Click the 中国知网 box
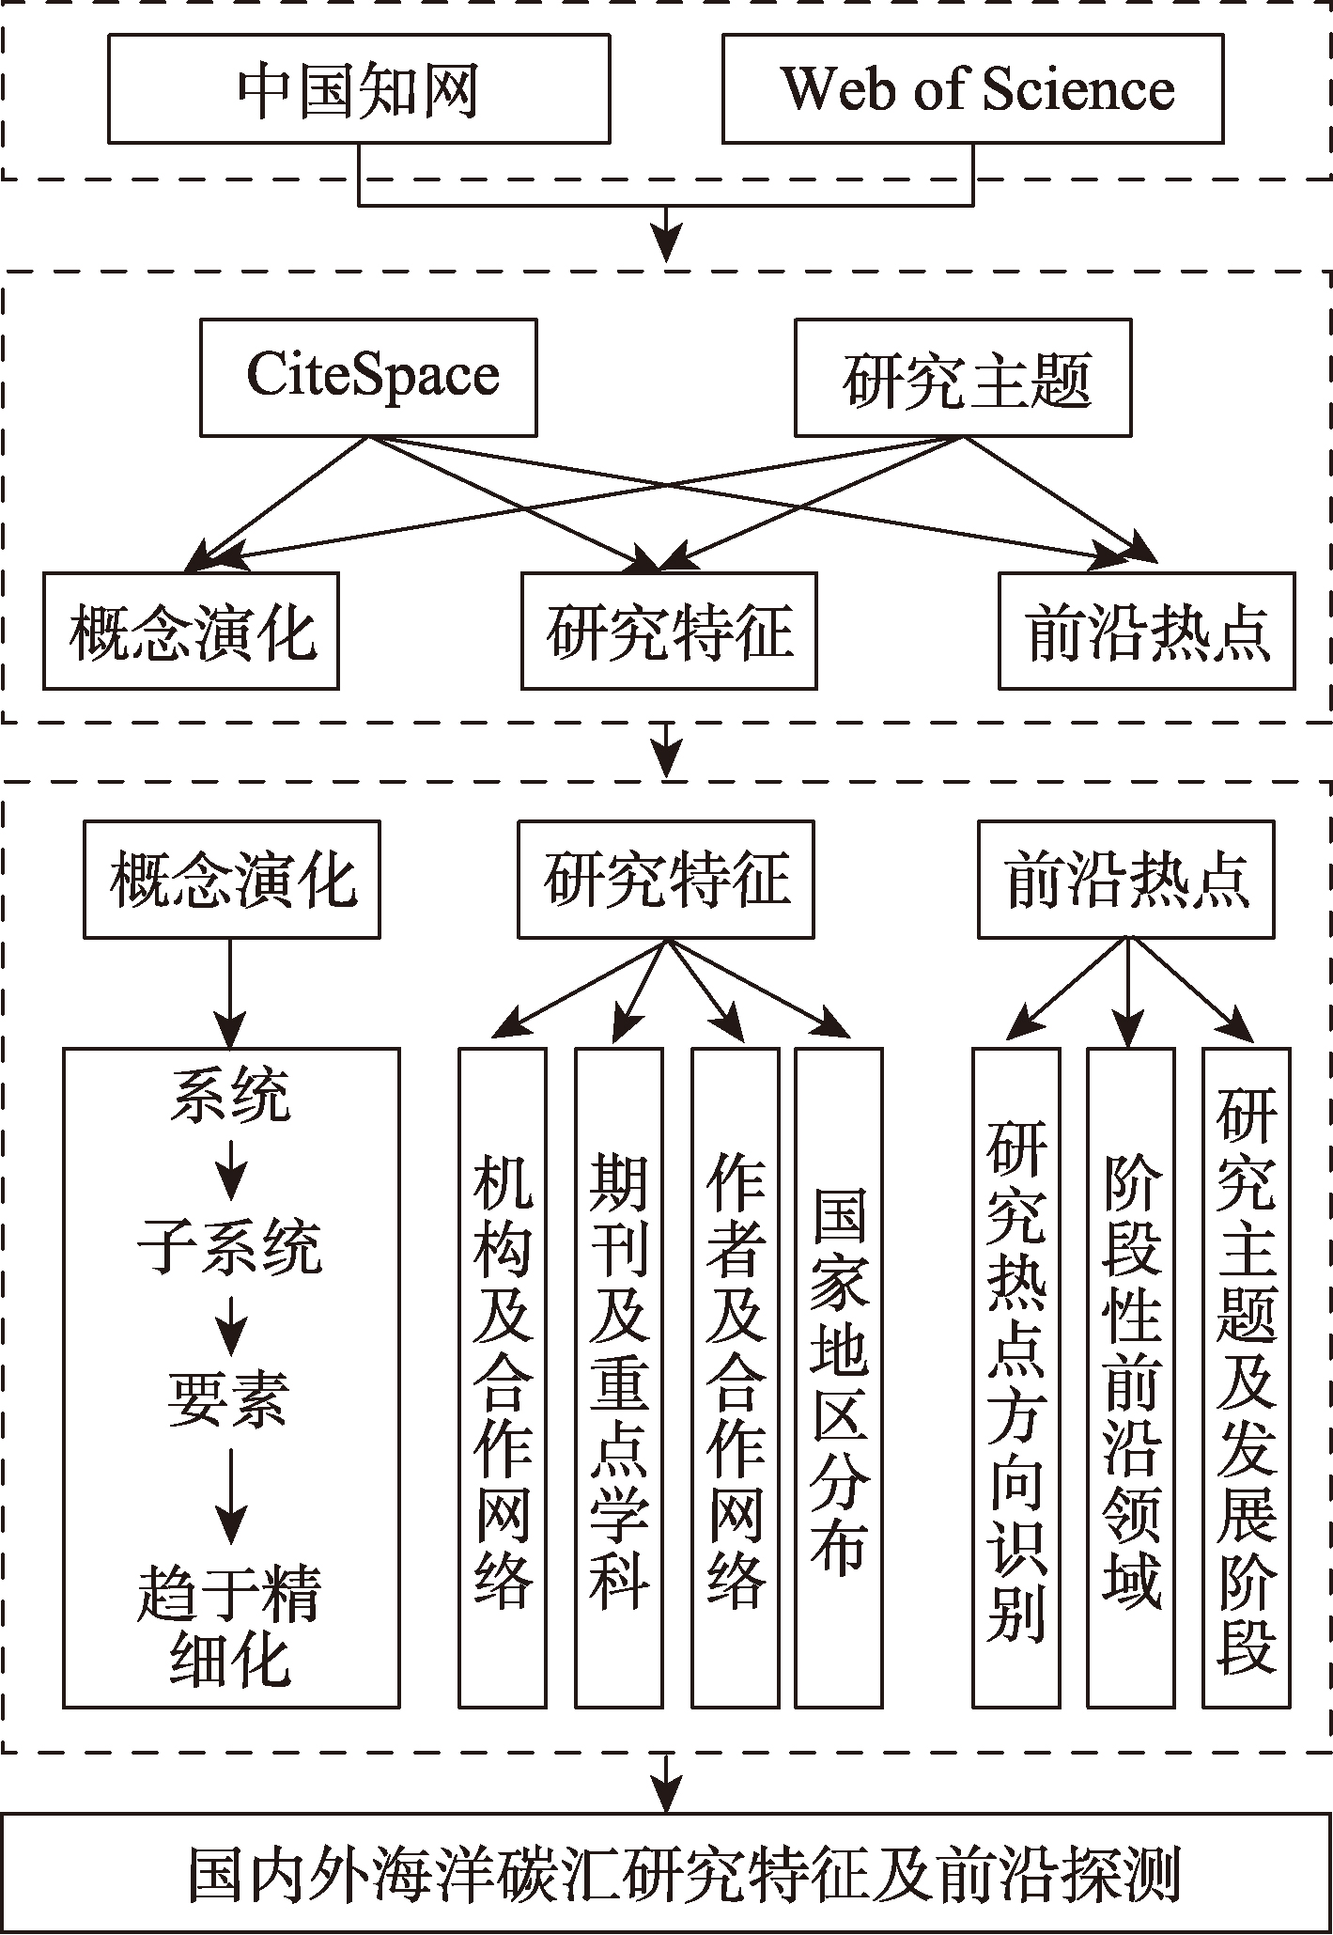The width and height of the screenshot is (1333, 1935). (359, 89)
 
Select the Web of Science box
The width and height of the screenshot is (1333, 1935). (972, 89)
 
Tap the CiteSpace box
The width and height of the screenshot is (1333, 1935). (368, 378)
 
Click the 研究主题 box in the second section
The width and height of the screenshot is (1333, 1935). (963, 378)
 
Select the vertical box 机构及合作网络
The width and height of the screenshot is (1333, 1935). (503, 1378)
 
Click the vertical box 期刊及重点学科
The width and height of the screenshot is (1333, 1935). (619, 1378)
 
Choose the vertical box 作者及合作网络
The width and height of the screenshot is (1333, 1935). (736, 1378)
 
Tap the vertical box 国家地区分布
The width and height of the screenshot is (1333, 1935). (839, 1378)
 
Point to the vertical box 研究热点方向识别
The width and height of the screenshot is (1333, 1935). (1016, 1378)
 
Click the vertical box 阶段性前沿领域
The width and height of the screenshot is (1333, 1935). (1131, 1378)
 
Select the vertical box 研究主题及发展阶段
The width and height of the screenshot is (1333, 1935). (1247, 1378)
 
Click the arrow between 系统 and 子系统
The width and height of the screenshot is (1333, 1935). (231, 1169)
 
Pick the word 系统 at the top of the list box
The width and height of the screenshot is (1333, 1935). (231, 1096)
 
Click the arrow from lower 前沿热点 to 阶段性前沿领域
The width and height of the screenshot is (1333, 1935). (1128, 992)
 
